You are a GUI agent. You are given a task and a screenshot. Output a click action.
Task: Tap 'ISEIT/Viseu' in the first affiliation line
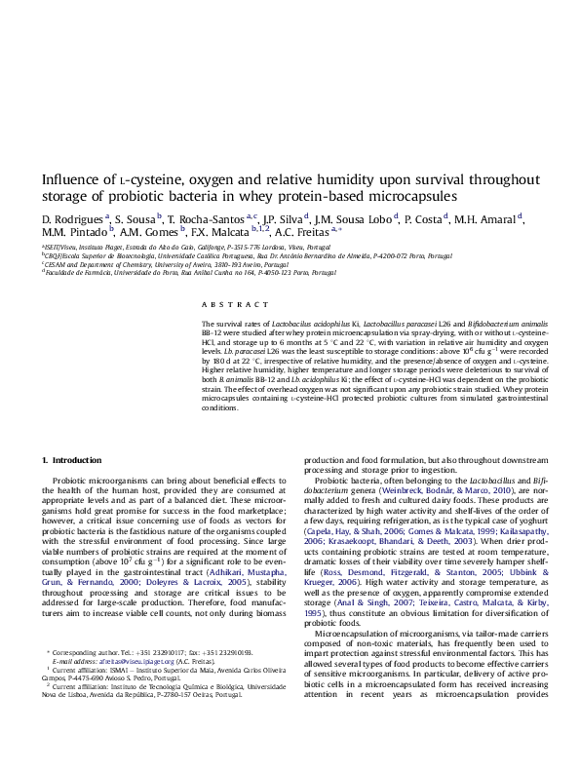58,249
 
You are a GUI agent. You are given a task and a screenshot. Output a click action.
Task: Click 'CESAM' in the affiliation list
55,264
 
